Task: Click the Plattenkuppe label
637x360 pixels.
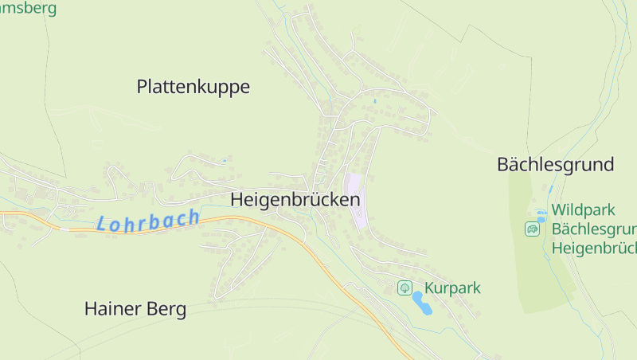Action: (193, 87)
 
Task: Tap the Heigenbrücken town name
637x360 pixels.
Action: (295, 200)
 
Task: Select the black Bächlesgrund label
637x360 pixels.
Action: (555, 165)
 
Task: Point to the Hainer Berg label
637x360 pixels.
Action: (135, 309)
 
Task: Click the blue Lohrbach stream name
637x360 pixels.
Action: (148, 221)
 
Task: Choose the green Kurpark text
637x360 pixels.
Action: (452, 288)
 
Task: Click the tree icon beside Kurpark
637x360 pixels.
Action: (404, 288)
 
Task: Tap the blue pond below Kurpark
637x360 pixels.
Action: (421, 303)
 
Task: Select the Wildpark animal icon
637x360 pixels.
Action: (532, 229)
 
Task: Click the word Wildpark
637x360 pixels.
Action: (584, 210)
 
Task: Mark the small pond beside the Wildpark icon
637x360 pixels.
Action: (541, 214)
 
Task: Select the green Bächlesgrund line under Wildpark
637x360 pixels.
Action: (594, 229)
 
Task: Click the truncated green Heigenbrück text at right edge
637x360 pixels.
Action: (594, 248)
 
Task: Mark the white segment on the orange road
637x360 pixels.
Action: (64, 229)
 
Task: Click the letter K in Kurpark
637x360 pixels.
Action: (430, 288)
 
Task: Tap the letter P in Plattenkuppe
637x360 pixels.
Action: (143, 87)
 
